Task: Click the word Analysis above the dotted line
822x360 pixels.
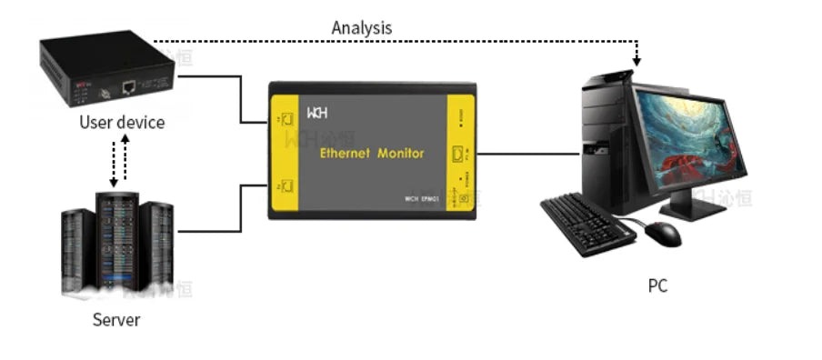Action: pos(361,27)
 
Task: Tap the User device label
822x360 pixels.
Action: pos(122,122)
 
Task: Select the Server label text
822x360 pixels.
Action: pos(116,319)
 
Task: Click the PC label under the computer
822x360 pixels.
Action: pos(657,285)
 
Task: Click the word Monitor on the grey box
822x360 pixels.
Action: pos(400,154)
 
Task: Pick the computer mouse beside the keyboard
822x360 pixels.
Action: pos(664,234)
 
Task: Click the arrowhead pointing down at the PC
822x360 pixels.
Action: pos(637,61)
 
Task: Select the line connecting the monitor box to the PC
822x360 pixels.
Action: pos(527,153)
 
